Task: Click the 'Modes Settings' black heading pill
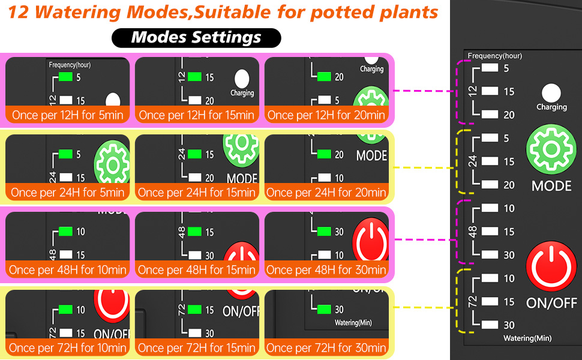pos(196,38)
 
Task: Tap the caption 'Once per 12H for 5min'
pos(67,115)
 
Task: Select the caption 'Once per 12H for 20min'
pos(326,115)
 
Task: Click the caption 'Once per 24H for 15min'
pos(197,193)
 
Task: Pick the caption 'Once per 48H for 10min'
pos(67,270)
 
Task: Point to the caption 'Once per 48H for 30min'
pos(326,270)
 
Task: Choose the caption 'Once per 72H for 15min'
pos(197,347)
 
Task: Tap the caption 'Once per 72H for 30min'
pos(326,347)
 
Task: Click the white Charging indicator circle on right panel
pos(551,93)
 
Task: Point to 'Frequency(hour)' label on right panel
pos(495,56)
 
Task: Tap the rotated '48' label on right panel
pos(473,232)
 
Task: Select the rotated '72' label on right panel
pos(473,302)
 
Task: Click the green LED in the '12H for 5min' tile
pos(65,77)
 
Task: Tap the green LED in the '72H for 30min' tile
pos(325,310)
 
